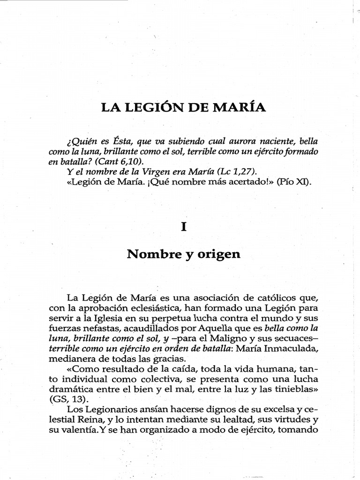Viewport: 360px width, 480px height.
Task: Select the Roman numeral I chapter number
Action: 184,226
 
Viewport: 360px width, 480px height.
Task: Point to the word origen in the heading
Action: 219,255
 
